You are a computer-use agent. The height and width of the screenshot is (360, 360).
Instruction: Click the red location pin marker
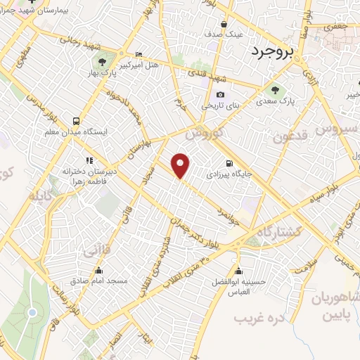coord(181,166)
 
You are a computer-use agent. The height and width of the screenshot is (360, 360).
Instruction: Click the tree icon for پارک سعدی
coord(274,89)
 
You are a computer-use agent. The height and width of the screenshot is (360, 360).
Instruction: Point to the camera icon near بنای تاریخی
coord(221,94)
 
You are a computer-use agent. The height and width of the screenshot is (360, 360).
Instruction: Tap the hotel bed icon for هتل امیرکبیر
coord(138,55)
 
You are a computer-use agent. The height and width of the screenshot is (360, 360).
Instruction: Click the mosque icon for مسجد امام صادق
coord(98,270)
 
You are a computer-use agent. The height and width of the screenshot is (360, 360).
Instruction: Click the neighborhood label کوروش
coord(206,131)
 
